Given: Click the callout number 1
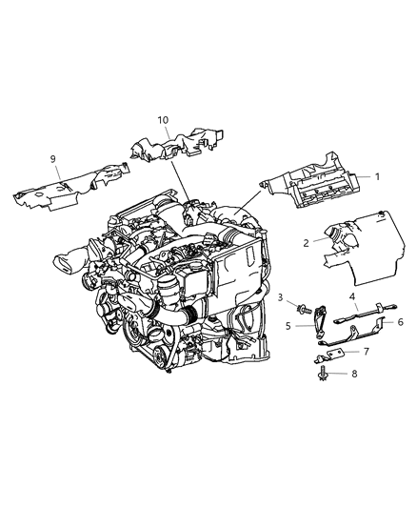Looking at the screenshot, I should click(376, 176).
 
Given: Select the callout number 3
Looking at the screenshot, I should click(282, 299).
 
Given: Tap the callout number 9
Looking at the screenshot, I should click(53, 158).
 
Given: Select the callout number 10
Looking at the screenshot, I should click(163, 120).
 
